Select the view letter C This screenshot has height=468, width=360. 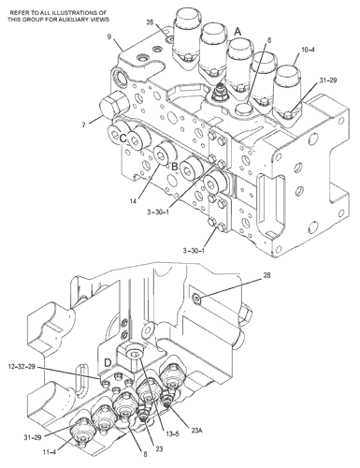122,139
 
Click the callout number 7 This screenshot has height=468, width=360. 83,124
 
